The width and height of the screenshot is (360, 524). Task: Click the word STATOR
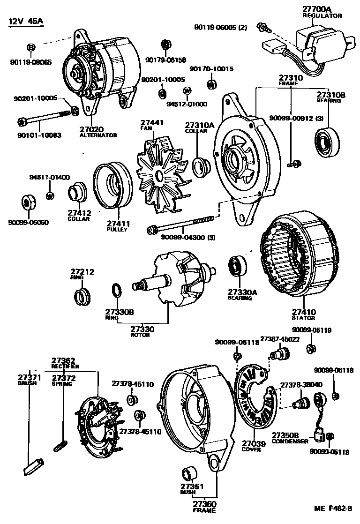click(304, 318)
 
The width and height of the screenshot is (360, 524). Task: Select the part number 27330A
click(243, 292)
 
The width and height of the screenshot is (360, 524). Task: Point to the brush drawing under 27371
click(33, 466)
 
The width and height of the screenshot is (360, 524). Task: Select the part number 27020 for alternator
click(91, 129)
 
